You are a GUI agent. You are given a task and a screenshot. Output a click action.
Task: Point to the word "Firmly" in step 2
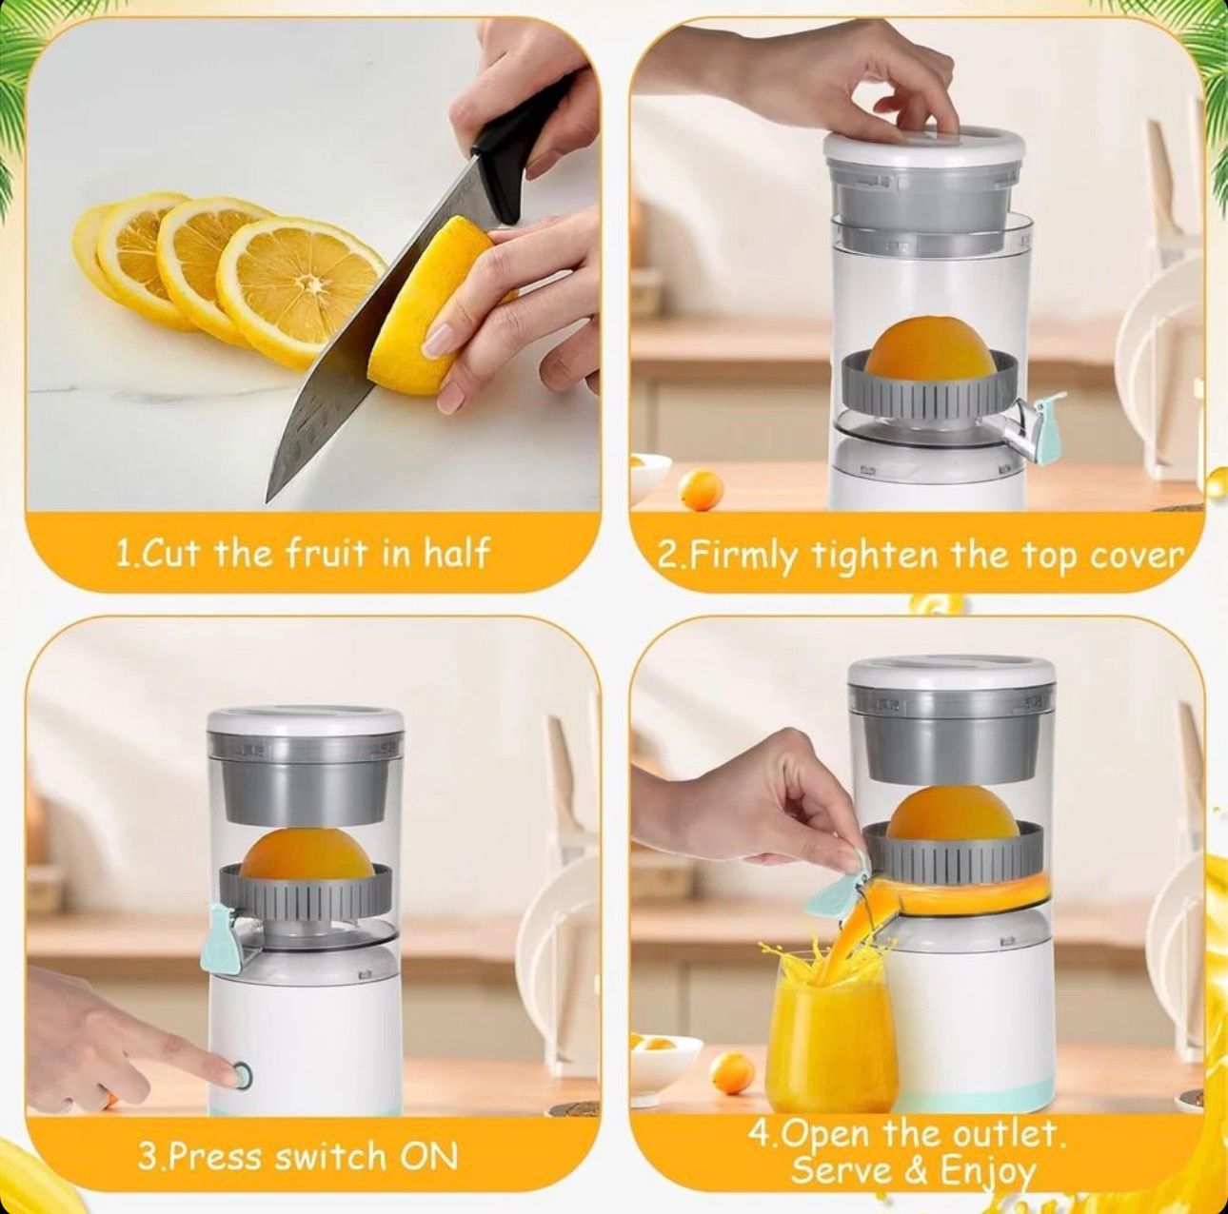(x=745, y=557)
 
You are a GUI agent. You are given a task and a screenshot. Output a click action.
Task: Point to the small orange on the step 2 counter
(x=701, y=490)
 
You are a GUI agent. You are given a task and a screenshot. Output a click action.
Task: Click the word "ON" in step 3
(x=428, y=1138)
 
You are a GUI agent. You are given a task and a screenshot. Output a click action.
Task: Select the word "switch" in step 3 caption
(x=330, y=1138)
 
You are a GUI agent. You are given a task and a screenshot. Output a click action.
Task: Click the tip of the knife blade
(x=267, y=501)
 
